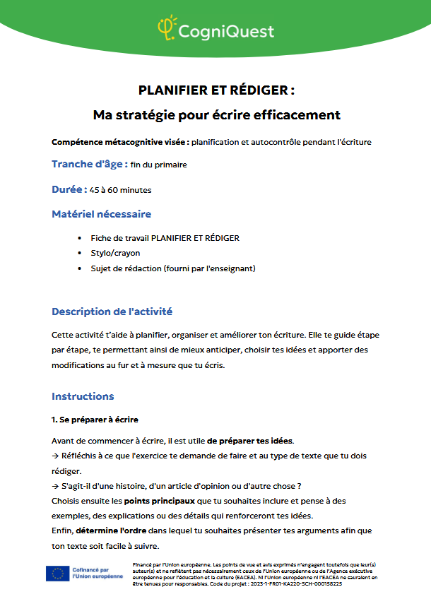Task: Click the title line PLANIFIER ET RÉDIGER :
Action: coord(215,90)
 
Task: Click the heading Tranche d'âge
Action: coord(89,164)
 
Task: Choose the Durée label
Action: coord(69,189)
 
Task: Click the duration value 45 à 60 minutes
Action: coord(120,190)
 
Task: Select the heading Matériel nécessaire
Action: coord(101,214)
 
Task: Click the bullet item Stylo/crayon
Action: coord(115,253)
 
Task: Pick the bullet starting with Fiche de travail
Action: coord(165,238)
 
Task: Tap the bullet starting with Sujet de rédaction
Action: coord(172,268)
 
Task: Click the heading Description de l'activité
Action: coord(112,312)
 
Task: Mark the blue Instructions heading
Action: coord(83,396)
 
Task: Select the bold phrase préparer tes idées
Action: coord(250,441)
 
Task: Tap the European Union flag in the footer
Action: coord(57,574)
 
